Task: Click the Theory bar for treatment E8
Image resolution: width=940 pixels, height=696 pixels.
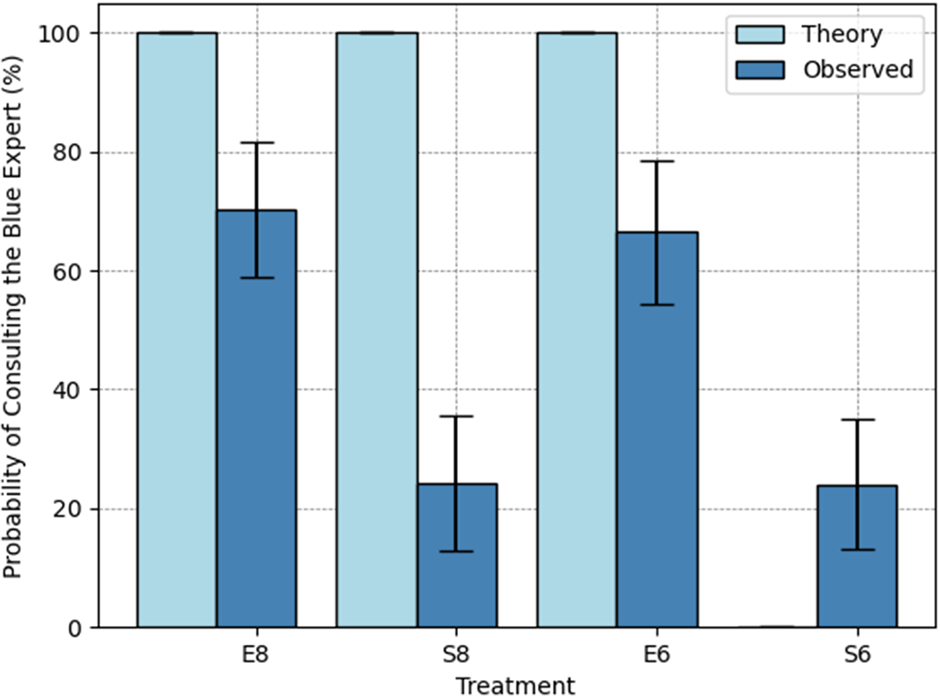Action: coord(177,330)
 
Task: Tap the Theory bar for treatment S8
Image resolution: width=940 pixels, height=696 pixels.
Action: coord(377,330)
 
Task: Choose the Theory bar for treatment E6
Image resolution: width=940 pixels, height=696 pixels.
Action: coord(577,330)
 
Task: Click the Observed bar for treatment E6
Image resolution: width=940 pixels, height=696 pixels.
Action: coord(657,430)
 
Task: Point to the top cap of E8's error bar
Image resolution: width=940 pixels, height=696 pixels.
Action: coord(256,142)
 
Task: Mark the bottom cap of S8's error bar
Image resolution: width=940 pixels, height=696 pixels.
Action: coord(457,552)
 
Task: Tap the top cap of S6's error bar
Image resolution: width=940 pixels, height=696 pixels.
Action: coord(857,420)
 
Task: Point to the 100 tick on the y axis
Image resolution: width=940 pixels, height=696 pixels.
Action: coord(59,34)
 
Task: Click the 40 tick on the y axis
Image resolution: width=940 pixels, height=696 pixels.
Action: coord(66,390)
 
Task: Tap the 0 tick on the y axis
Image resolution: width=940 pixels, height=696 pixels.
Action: coord(74,629)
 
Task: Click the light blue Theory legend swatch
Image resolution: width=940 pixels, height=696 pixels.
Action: coord(759,35)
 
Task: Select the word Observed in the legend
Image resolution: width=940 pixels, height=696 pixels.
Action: coord(858,69)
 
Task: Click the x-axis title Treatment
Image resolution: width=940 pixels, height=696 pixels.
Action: coord(515,685)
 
